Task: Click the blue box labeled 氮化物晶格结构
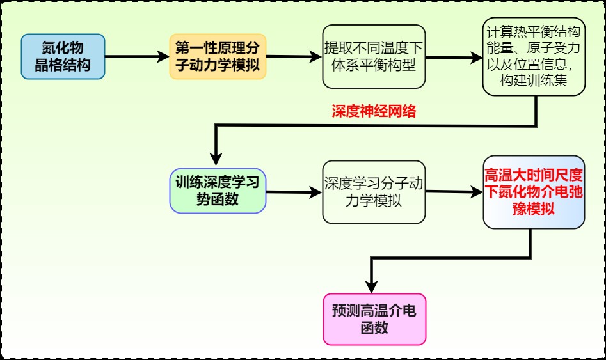(x=63, y=57)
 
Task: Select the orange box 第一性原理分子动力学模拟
(x=218, y=57)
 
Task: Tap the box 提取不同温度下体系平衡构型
(x=374, y=57)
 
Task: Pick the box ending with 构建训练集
(x=534, y=57)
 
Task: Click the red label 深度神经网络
(x=374, y=112)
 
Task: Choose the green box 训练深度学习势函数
(x=218, y=190)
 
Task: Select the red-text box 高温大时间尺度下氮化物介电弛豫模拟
(x=534, y=192)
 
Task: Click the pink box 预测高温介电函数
(x=374, y=319)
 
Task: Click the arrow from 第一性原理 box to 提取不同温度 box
(x=294, y=57)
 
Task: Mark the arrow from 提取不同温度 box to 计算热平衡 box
(x=454, y=57)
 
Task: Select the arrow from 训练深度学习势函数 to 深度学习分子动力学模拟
(x=294, y=191)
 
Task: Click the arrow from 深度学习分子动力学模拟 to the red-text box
(x=454, y=191)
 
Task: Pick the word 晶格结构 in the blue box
(x=63, y=65)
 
